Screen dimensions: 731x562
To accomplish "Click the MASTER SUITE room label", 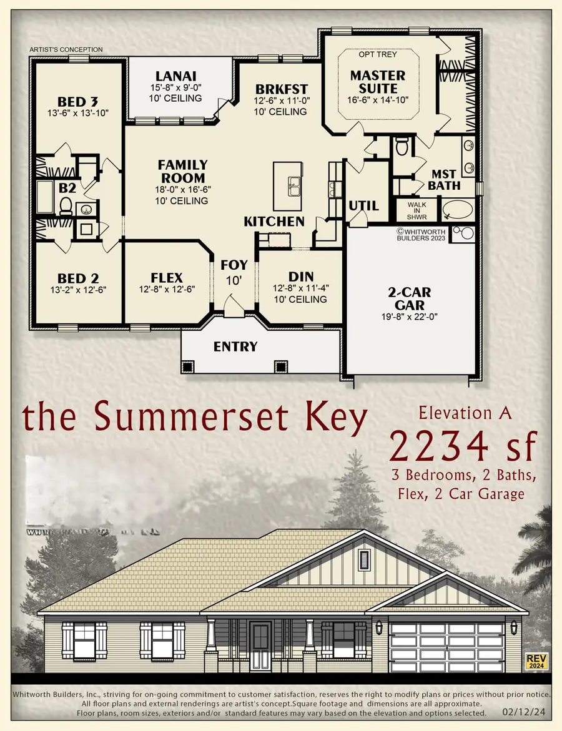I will (x=377, y=82).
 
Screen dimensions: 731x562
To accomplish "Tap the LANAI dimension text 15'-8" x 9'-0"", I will (x=166, y=88).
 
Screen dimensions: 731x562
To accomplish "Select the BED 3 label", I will (x=78, y=102).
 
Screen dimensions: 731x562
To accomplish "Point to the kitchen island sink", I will (x=293, y=185).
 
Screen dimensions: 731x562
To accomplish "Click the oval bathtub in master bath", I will (x=458, y=210).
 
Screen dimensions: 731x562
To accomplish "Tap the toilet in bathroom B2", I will (x=64, y=204).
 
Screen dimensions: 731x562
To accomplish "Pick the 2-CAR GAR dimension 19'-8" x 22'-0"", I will (x=408, y=316).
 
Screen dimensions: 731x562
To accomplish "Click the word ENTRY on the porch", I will (x=235, y=346).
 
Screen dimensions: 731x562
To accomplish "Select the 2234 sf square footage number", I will (x=463, y=446).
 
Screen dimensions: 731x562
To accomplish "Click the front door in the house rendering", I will (x=260, y=645).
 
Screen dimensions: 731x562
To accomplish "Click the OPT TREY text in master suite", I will (x=378, y=54).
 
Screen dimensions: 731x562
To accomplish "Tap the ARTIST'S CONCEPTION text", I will (x=66, y=49).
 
